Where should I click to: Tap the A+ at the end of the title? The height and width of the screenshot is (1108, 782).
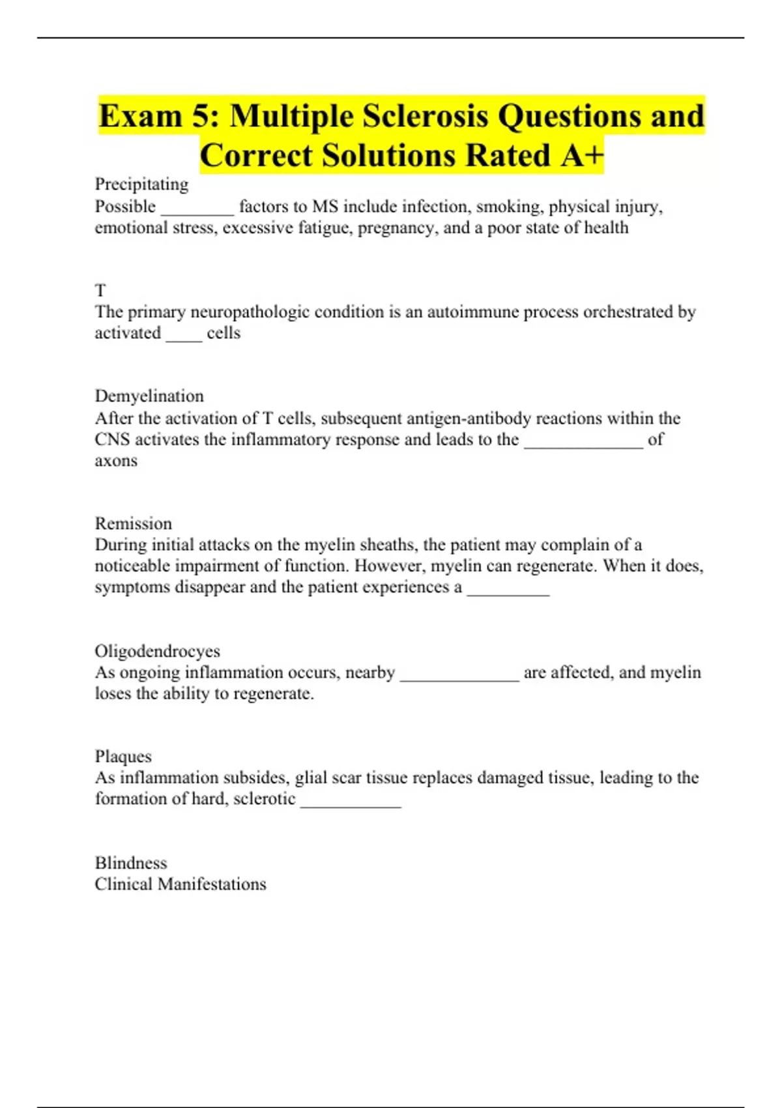click(x=579, y=155)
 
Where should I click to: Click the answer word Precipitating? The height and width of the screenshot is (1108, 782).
click(x=141, y=184)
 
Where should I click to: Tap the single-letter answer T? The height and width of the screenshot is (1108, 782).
click(x=100, y=291)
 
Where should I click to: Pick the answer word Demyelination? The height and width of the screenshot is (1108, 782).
click(x=149, y=396)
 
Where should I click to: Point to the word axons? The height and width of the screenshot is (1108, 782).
click(x=116, y=461)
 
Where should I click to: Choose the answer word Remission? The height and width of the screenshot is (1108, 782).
click(x=134, y=523)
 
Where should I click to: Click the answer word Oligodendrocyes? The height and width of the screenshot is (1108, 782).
click(x=157, y=651)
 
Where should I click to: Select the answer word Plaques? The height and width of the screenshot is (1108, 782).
click(x=123, y=756)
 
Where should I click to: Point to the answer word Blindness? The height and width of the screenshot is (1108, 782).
click(x=131, y=863)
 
